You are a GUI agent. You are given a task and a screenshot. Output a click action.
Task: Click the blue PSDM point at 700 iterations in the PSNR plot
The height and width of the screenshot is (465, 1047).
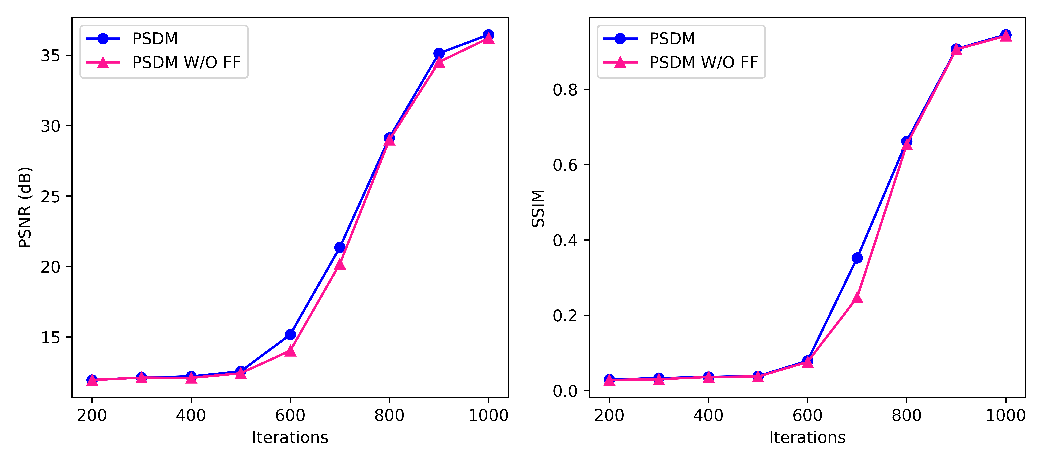[x=340, y=247]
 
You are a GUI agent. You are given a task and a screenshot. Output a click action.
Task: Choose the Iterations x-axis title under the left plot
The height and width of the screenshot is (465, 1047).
[x=290, y=437]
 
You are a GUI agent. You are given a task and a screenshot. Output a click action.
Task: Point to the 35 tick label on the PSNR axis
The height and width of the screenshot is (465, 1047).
[x=50, y=56]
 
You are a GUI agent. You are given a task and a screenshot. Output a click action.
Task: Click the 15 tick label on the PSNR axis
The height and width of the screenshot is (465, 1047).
[x=50, y=338]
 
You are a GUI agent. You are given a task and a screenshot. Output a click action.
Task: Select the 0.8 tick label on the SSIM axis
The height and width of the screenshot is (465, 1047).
[x=565, y=89]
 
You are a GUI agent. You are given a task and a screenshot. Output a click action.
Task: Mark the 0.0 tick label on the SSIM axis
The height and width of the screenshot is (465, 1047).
[x=565, y=391]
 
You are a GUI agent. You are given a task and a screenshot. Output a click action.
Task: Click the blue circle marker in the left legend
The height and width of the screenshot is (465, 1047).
[x=103, y=39]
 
